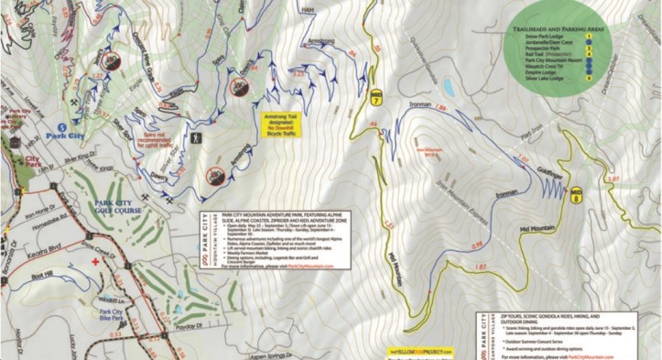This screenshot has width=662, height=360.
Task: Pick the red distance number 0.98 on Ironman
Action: pyautogui.click(x=476, y=245)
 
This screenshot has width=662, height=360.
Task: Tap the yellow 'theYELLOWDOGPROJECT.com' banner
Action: pyautogui.click(x=421, y=351)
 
